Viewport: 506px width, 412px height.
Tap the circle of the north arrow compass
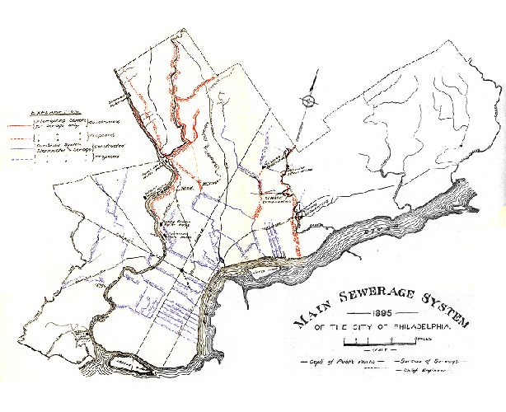pos(307,101)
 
